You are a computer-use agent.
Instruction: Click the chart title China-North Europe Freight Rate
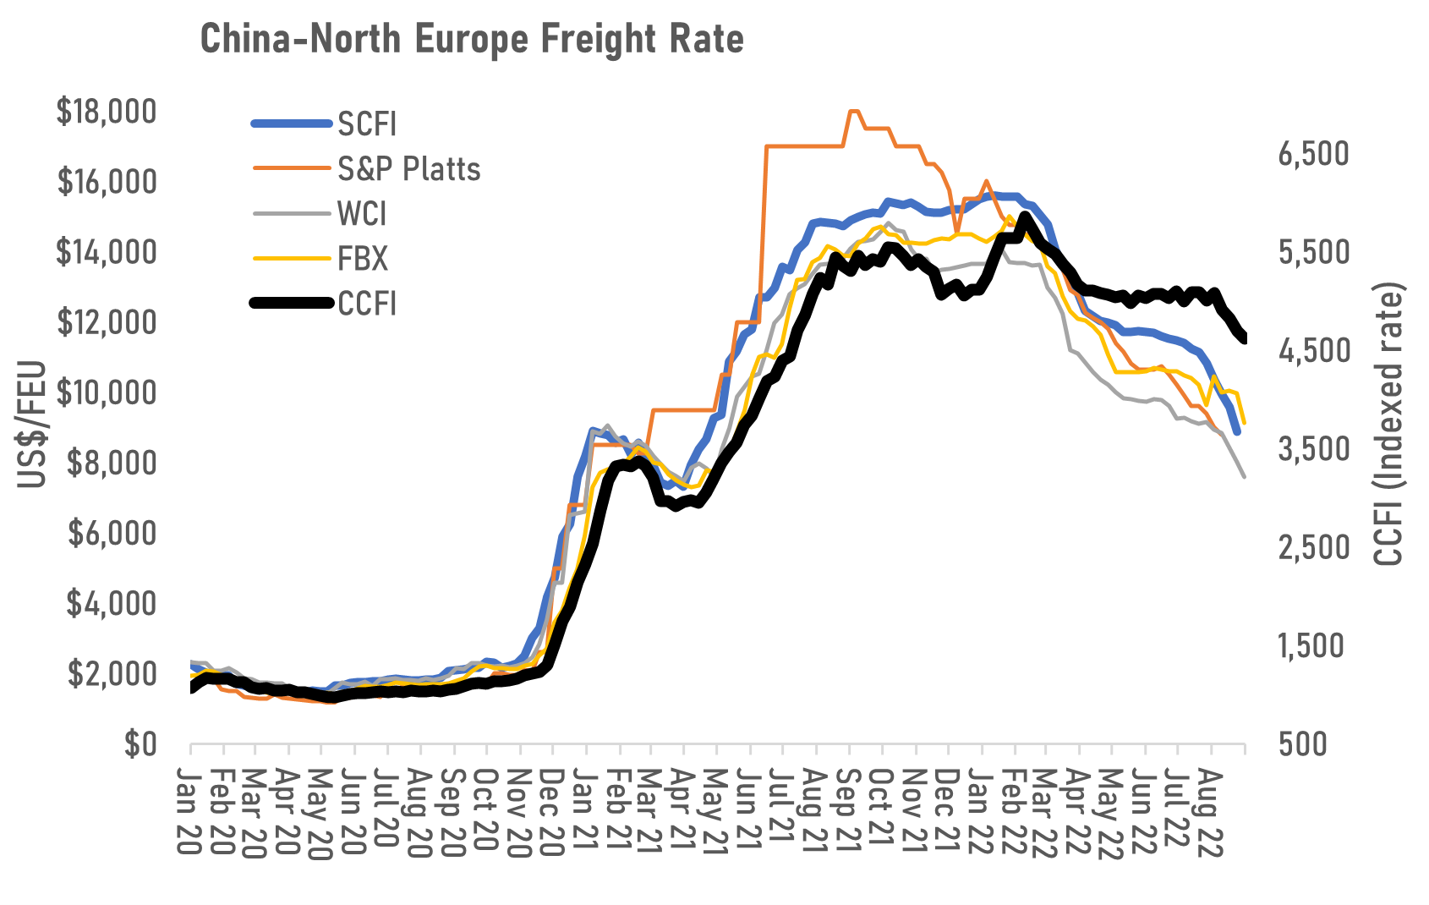472,39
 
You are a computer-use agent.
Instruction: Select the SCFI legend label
367,124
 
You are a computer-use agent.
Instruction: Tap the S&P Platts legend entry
408,169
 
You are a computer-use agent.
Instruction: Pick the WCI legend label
362,214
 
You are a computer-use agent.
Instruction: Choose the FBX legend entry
363,259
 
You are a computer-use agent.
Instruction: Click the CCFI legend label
367,304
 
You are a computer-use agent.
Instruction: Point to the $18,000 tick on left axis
106,112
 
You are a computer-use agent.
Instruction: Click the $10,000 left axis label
106,392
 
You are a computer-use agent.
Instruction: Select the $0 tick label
140,744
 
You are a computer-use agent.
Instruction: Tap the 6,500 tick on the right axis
1313,154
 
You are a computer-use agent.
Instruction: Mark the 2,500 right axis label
1313,547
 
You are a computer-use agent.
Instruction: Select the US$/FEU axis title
32,425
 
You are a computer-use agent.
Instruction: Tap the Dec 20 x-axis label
551,812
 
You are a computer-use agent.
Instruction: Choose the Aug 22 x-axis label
1211,812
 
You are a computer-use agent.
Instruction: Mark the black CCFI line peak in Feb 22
1026,217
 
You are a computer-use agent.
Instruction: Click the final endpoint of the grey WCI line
1244,477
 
